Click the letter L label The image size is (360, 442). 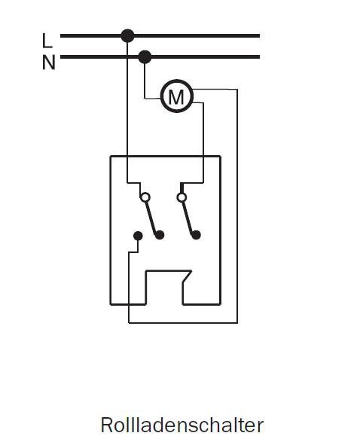[x=47, y=41]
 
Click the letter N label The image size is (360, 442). [x=48, y=62]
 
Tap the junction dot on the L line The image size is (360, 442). [x=127, y=36]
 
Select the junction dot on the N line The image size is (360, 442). [x=145, y=57]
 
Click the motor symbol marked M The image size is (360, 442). [x=177, y=96]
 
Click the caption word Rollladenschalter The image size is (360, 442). [x=182, y=425]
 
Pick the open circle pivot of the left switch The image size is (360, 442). [x=145, y=197]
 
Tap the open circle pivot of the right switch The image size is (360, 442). [x=182, y=197]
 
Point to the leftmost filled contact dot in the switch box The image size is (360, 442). [x=138, y=236]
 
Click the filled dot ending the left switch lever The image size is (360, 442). [x=160, y=235]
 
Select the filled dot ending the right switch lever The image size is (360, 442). [x=197, y=235]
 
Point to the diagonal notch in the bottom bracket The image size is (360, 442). [x=188, y=276]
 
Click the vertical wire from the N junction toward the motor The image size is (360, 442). [x=145, y=81]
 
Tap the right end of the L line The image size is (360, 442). [x=259, y=36]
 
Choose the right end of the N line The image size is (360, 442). [x=259, y=57]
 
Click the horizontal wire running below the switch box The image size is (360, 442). [x=183, y=322]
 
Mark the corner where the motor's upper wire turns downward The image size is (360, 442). [x=237, y=90]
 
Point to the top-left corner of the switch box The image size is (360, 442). [x=111, y=156]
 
